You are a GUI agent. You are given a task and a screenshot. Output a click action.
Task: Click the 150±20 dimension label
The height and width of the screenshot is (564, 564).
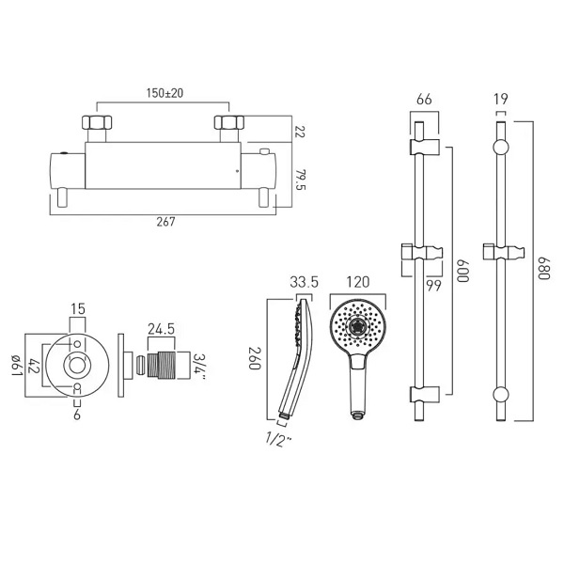[164, 93]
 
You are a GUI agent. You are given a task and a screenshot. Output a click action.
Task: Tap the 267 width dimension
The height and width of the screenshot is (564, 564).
[165, 222]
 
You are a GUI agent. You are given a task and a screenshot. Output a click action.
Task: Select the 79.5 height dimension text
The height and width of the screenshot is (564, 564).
[300, 180]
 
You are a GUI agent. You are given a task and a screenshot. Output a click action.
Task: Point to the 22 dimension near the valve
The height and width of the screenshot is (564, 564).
[300, 132]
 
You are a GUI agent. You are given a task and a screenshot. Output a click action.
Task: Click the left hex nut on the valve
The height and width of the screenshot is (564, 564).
[97, 122]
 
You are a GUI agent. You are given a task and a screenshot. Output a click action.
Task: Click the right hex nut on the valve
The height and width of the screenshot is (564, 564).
[229, 122]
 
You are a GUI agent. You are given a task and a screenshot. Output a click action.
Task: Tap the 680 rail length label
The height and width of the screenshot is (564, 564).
[544, 268]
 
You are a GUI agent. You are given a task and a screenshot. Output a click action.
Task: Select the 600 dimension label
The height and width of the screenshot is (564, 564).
[462, 271]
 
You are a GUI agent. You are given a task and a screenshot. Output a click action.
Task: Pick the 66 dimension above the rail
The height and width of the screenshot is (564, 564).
[424, 100]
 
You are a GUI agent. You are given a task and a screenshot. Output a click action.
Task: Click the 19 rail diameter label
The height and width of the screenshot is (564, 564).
[501, 99]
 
